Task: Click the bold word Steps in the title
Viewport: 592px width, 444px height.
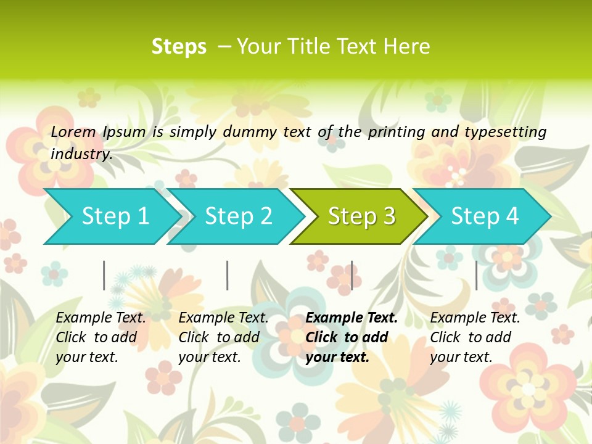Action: [179, 47]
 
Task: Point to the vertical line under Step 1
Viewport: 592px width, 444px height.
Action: [104, 275]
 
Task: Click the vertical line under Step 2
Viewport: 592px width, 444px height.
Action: [228, 275]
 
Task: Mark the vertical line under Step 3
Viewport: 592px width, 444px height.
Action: [351, 275]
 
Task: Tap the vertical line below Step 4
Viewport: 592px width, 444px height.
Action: [476, 275]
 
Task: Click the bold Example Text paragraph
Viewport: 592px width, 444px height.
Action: [351, 337]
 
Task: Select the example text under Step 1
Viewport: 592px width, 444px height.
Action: [101, 337]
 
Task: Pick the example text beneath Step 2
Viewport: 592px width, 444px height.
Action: [223, 337]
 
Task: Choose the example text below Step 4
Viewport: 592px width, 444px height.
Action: [475, 337]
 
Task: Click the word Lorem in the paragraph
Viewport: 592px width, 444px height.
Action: [73, 131]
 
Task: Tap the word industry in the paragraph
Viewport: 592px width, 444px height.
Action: [81, 154]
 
